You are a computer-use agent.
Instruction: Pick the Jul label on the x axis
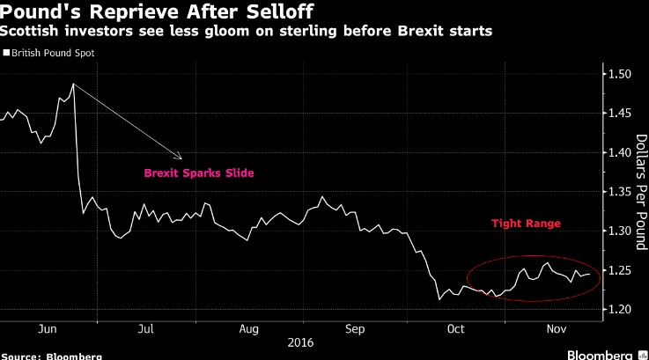[x=146, y=328]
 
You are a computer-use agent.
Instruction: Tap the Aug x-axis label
[x=249, y=328]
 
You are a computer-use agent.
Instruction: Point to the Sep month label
[x=354, y=328]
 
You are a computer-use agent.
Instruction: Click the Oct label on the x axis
[x=455, y=328]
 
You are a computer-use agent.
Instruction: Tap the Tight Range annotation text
[x=527, y=225]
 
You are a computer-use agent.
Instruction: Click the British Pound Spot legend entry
[x=53, y=53]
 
